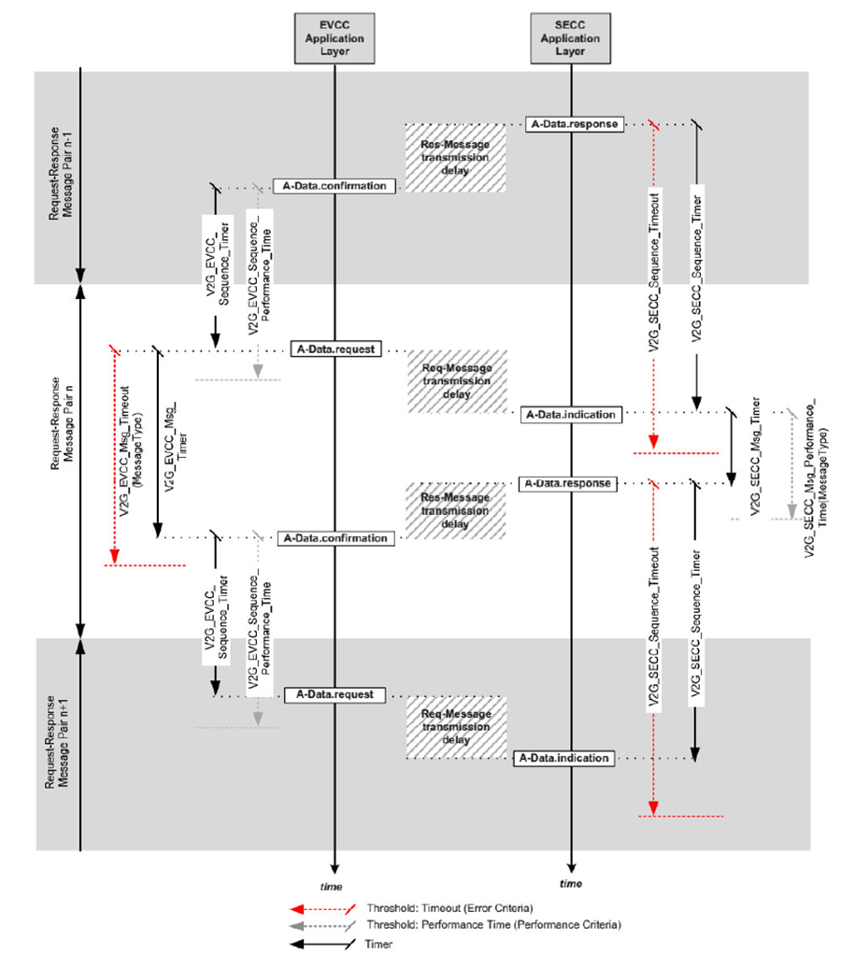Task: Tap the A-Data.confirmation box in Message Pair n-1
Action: [334, 186]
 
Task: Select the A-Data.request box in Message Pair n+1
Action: [334, 694]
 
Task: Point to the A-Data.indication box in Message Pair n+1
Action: [563, 758]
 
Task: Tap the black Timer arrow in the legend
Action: [319, 943]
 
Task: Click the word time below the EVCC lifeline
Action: [332, 885]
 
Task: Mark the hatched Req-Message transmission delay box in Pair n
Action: [455, 380]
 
